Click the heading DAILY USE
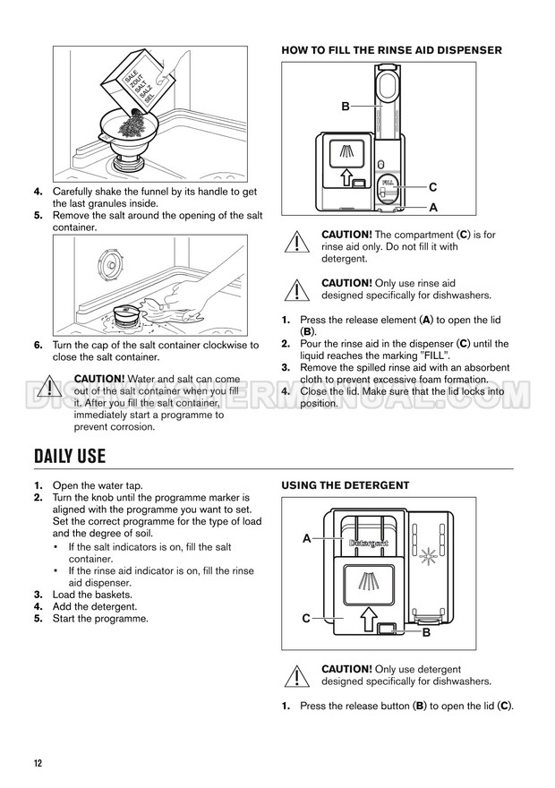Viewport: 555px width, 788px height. coord(70,456)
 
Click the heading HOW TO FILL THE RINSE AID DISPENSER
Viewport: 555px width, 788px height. coord(391,50)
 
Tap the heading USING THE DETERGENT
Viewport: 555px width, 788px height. coord(346,485)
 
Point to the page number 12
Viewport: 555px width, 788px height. coord(38,763)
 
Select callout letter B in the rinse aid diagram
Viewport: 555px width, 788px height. coord(346,107)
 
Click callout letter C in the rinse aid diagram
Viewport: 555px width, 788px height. coord(432,187)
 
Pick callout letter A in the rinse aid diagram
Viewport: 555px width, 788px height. coord(432,207)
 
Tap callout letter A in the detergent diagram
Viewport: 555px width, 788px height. coord(306,539)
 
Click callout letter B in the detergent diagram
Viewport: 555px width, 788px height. coord(426,632)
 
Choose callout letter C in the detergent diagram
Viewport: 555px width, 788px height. coord(306,619)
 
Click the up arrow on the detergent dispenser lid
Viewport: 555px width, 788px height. coord(365,617)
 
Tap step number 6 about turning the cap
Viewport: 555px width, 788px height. coord(38,345)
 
